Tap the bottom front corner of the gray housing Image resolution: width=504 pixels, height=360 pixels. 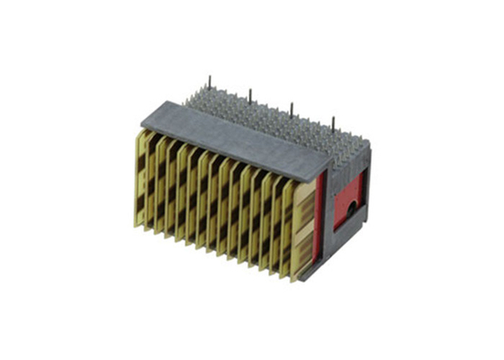click(x=306, y=278)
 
